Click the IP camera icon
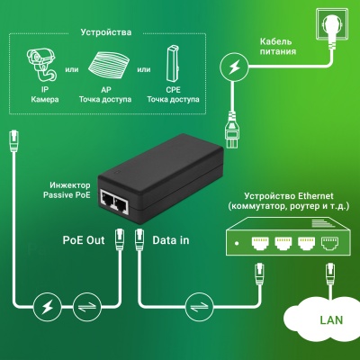pos(38,64)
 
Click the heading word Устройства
pos(106,31)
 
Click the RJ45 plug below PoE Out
pos(118,243)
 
